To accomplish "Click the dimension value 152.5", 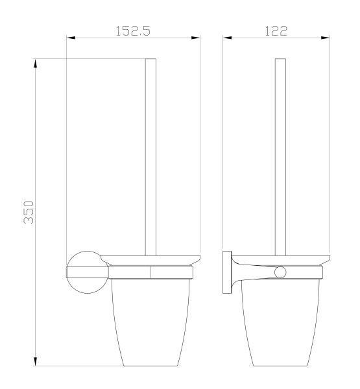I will [133, 30].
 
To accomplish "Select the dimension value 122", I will [277, 30].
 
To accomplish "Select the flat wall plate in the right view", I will [227, 272].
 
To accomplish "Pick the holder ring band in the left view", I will [151, 273].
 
